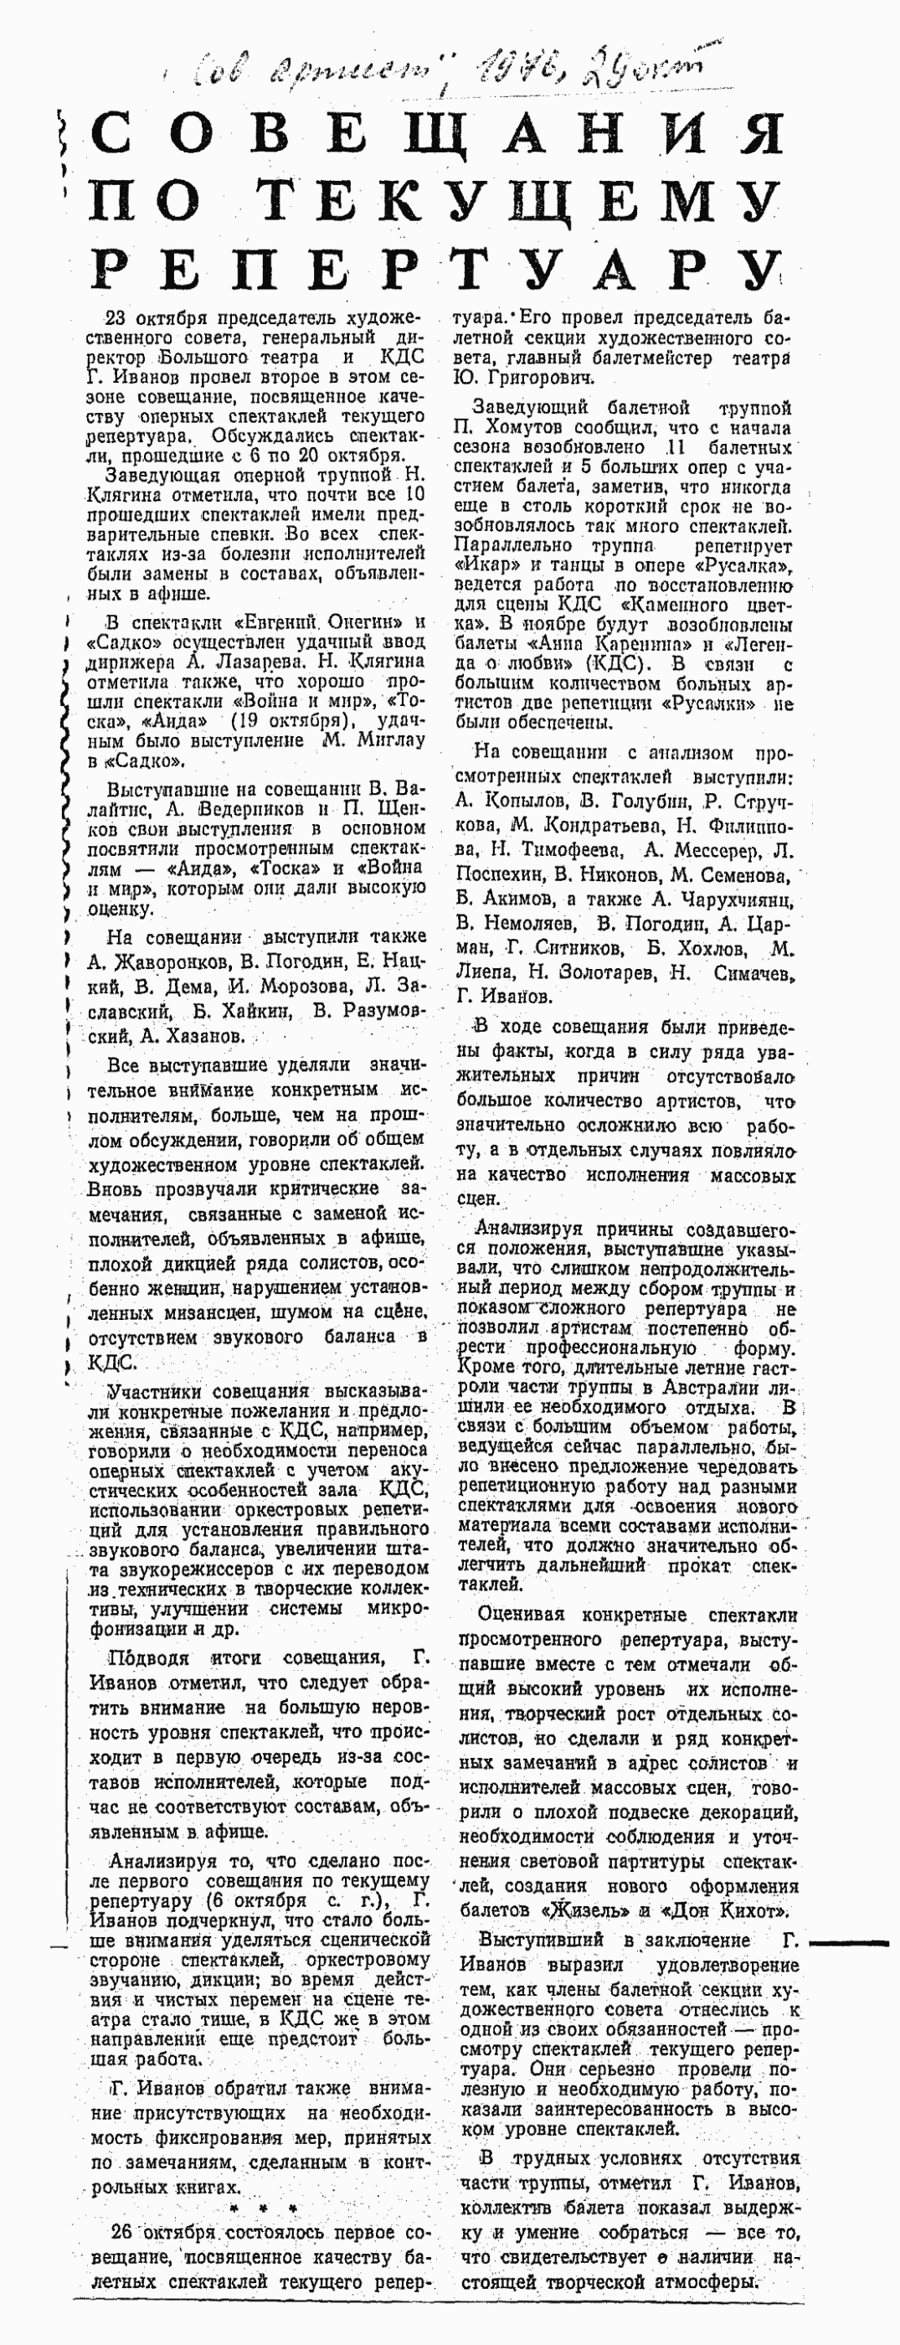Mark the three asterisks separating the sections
click(263, 2208)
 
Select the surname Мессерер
click(717, 850)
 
